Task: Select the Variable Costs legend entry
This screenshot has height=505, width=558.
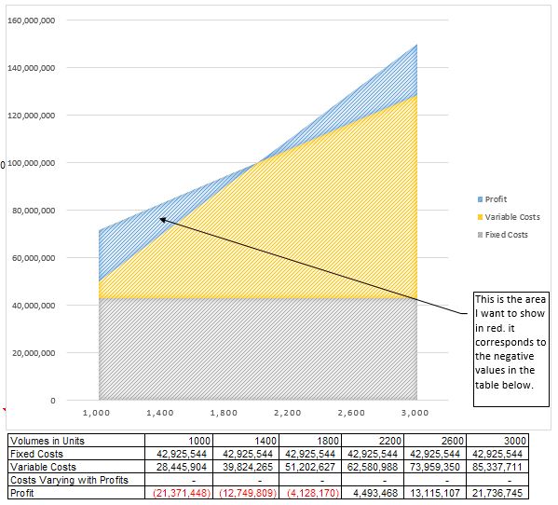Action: point(510,217)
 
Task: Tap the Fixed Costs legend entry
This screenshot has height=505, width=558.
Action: point(505,234)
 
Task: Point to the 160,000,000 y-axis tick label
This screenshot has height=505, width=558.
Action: point(31,20)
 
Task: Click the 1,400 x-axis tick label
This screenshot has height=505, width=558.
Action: point(161,411)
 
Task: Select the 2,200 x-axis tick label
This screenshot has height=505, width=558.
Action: point(288,411)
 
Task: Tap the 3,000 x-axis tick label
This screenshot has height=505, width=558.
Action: point(415,411)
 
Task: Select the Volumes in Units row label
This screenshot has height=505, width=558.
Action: point(47,440)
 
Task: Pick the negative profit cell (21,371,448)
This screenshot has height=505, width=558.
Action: point(184,493)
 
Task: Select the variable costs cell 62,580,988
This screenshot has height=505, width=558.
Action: point(373,467)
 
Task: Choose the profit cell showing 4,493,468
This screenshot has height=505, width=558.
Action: point(373,493)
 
